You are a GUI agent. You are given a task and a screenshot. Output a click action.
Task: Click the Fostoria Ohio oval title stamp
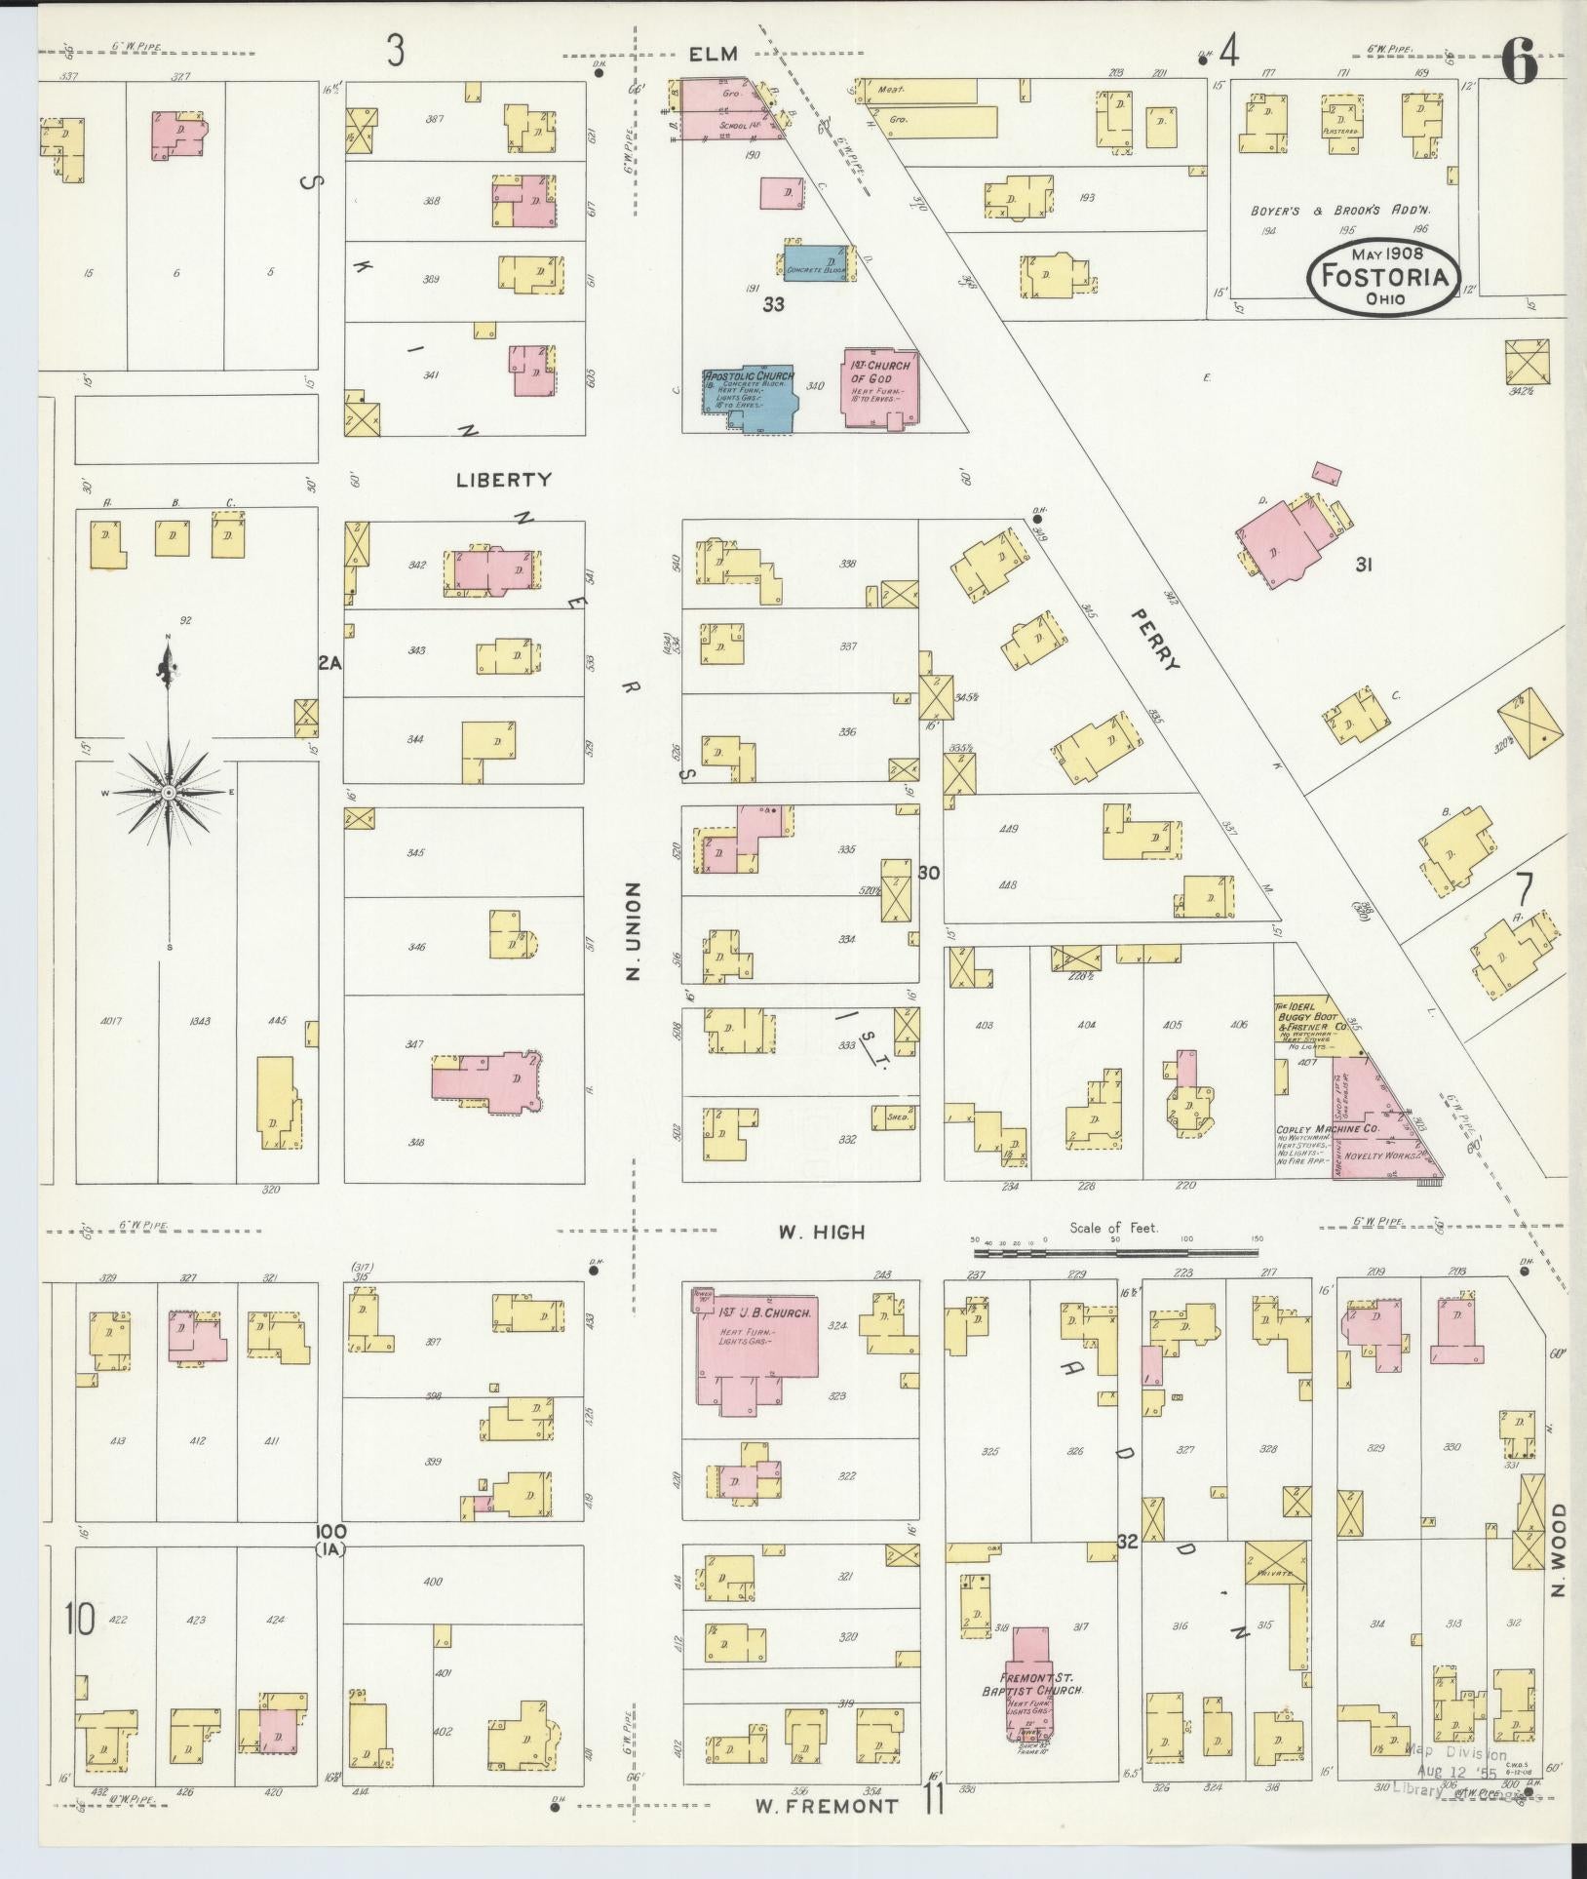coord(1384,277)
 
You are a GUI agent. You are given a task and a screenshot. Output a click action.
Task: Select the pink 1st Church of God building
coord(880,387)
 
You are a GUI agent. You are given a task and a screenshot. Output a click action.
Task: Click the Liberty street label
coord(503,480)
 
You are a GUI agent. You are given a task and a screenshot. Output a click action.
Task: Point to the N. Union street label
coord(633,931)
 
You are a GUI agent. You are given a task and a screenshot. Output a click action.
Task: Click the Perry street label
coord(1156,640)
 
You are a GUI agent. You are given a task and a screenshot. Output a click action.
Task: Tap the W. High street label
coord(821,1233)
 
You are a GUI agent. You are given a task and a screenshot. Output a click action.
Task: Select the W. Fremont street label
coord(828,1806)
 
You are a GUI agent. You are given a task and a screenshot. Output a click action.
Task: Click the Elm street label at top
coord(712,55)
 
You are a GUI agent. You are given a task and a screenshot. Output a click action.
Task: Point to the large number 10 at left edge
coord(80,1621)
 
